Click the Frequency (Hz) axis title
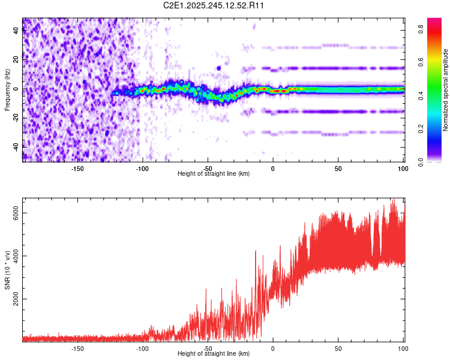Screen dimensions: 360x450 7,89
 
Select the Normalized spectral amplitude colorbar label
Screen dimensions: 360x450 446,90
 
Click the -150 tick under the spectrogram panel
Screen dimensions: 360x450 77,168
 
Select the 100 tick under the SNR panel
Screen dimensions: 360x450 403,349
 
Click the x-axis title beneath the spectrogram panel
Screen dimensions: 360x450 214,173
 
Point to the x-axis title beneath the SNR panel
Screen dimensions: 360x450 214,354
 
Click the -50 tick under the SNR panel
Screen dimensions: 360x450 208,349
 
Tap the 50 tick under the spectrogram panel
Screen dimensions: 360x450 338,168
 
